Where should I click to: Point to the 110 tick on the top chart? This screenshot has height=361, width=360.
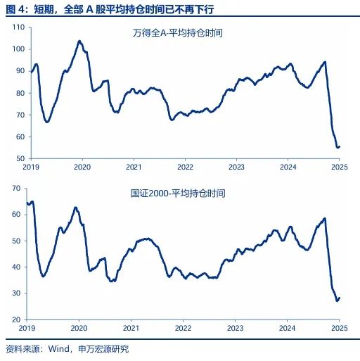tap(18, 27)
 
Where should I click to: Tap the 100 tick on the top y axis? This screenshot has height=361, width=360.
tap(18, 49)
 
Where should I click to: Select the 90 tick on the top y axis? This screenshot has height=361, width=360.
tap(19, 71)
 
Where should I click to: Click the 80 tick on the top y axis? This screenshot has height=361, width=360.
tap(19, 93)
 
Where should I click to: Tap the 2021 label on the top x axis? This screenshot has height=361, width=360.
tap(134, 168)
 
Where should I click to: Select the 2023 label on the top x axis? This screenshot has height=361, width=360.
tap(236, 168)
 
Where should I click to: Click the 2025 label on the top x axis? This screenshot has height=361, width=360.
tap(340, 168)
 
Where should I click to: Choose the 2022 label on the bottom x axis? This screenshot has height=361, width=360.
tap(184, 329)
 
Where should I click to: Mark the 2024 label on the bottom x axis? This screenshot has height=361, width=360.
tap(287, 329)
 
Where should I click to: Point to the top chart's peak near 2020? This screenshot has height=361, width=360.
tap(79, 41)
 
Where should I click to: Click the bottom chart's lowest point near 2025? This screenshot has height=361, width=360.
tap(337, 300)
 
